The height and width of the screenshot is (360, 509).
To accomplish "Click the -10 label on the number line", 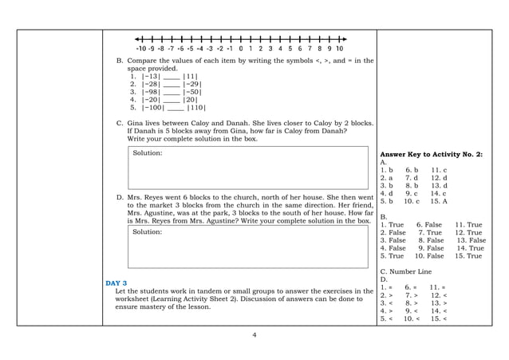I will [142, 48].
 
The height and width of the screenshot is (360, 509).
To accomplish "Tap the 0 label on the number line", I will [241, 48].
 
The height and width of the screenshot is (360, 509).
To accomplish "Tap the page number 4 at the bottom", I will [254, 334].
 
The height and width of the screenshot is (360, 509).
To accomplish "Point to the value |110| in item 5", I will [195, 107].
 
